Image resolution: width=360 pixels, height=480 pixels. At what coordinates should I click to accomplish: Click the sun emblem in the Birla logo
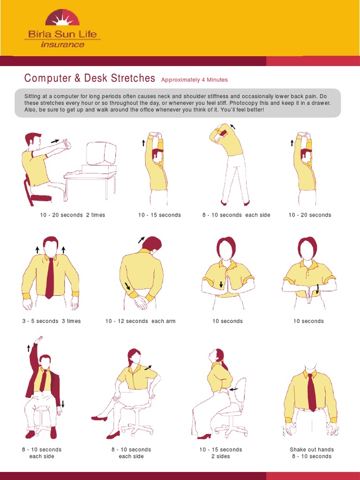tap(62, 18)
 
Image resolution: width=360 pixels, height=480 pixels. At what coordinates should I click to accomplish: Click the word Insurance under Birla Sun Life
tap(62, 45)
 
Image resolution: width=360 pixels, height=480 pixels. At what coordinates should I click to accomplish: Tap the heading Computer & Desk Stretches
tap(90, 78)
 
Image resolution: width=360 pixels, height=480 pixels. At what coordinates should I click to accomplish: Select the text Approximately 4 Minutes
tap(195, 80)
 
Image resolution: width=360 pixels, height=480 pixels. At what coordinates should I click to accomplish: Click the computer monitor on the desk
tap(101, 154)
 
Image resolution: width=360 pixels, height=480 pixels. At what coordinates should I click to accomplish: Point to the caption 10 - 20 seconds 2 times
tap(73, 215)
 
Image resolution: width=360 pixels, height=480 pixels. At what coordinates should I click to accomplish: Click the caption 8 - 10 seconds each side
tap(236, 215)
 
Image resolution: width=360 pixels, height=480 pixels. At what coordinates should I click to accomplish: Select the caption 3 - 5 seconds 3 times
tap(52, 321)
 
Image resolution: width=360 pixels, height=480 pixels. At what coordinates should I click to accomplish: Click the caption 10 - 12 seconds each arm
tap(141, 321)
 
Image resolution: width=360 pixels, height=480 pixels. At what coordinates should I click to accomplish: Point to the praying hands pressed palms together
tap(228, 286)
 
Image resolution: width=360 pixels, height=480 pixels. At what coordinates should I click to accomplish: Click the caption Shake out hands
tap(312, 450)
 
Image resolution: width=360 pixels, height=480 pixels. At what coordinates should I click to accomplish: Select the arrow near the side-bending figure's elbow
tap(233, 126)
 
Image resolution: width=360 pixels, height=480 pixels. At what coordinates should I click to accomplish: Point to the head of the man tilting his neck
tap(152, 244)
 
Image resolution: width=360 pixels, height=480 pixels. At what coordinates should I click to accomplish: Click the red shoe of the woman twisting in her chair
tap(99, 418)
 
